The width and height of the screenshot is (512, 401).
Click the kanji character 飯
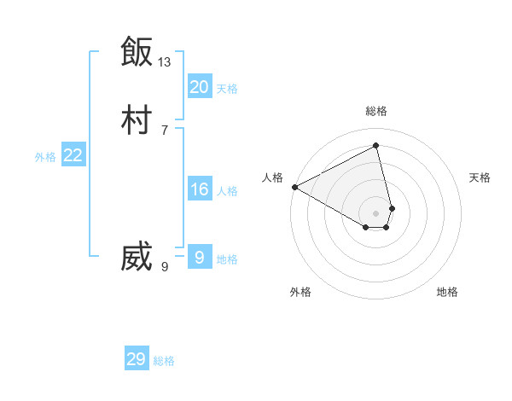pyautogui.click(x=137, y=51)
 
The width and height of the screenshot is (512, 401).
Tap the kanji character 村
pyautogui.click(x=137, y=120)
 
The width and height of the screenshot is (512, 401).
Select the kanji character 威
pyautogui.click(x=137, y=258)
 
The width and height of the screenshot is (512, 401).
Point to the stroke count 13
pyautogui.click(x=165, y=61)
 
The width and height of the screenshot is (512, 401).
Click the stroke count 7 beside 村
pyautogui.click(x=165, y=131)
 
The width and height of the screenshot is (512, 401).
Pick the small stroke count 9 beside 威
pyautogui.click(x=165, y=267)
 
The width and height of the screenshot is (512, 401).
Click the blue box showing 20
pyautogui.click(x=200, y=87)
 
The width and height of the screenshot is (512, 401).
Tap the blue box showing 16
pyautogui.click(x=200, y=189)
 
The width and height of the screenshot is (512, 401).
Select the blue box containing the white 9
pyautogui.click(x=200, y=258)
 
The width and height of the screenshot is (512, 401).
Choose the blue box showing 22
pyautogui.click(x=73, y=155)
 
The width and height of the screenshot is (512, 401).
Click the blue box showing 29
pyautogui.click(x=137, y=359)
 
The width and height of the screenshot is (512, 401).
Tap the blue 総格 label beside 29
pyautogui.click(x=164, y=361)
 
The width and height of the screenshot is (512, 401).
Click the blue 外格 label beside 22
pyautogui.click(x=45, y=157)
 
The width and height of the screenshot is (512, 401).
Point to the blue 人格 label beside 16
pyautogui.click(x=228, y=191)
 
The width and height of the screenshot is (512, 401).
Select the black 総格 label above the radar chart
pyautogui.click(x=376, y=111)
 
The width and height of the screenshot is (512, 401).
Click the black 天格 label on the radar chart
pyautogui.click(x=480, y=177)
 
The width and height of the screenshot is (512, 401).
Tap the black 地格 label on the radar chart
pyautogui.click(x=447, y=292)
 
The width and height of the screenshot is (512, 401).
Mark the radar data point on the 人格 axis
pyautogui.click(x=294, y=186)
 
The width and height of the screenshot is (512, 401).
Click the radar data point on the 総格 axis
pyautogui.click(x=376, y=145)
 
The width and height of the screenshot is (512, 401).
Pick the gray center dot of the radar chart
pyautogui.click(x=376, y=212)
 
